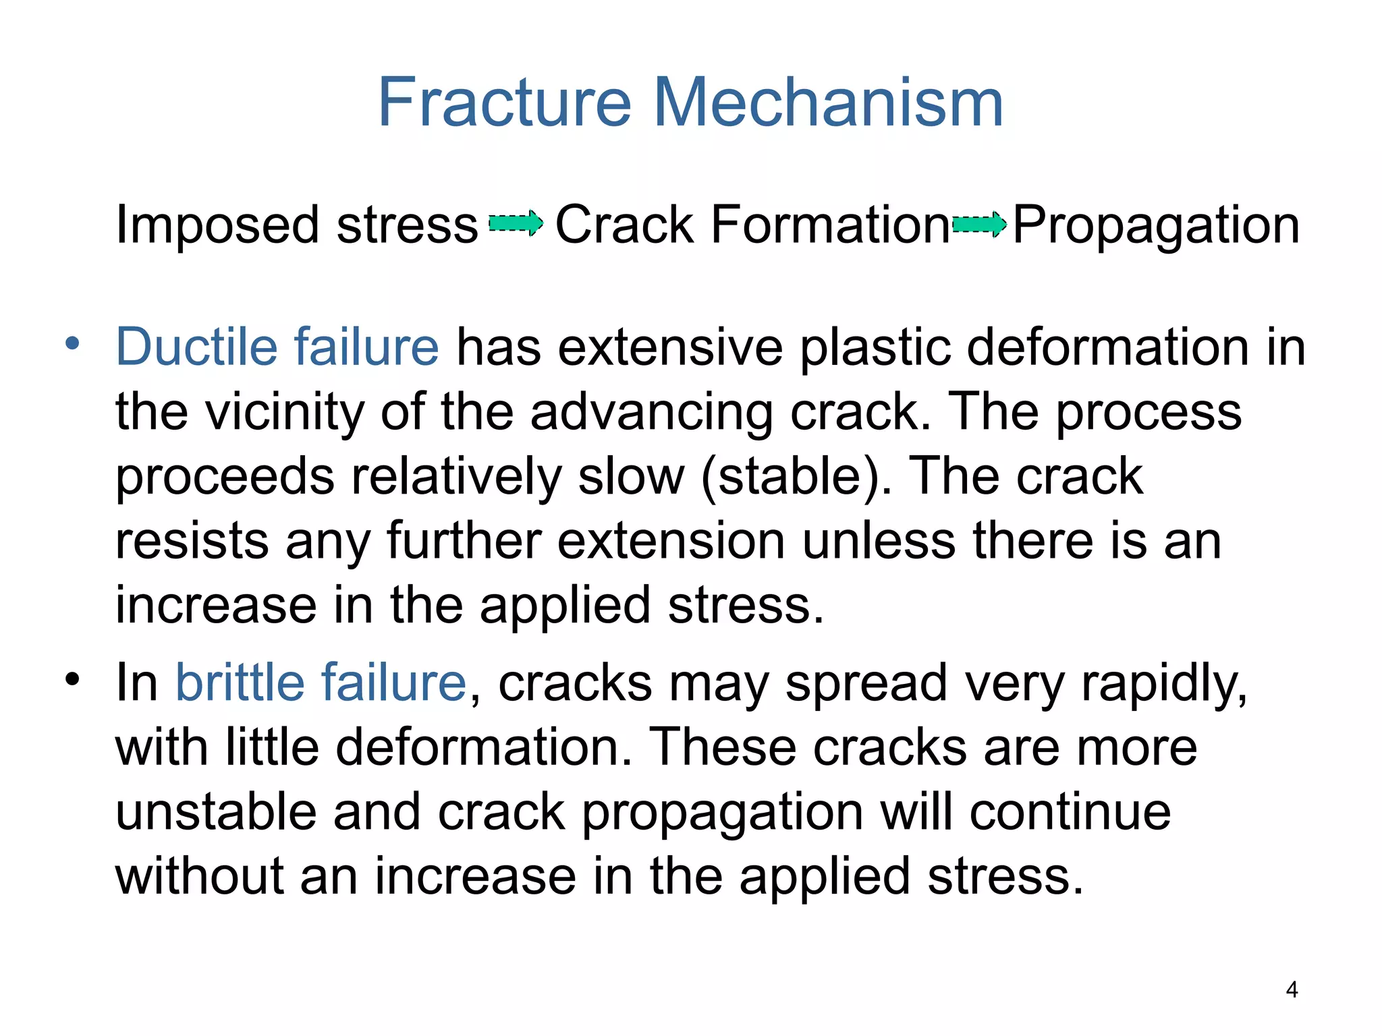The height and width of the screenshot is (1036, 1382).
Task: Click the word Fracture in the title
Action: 505,103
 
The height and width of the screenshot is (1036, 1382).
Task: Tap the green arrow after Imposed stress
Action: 516,223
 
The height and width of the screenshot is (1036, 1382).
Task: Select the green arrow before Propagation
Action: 979,224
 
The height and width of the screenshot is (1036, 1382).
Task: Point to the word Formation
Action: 830,225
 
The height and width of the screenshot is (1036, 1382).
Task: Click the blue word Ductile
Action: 196,347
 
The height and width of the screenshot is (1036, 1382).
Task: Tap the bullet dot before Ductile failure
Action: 72,343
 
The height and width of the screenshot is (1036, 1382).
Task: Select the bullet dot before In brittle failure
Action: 72,679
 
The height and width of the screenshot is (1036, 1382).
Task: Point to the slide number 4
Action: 1292,989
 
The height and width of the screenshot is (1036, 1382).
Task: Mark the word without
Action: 200,876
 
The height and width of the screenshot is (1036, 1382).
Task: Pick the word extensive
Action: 670,347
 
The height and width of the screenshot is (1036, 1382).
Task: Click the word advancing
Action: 651,412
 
